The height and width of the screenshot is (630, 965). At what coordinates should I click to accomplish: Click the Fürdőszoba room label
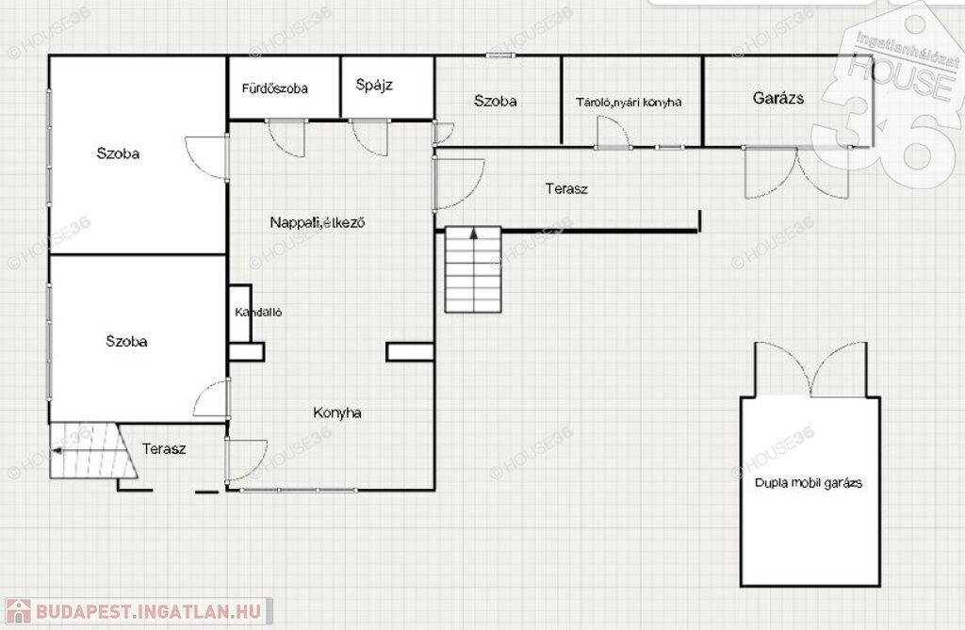tap(274, 89)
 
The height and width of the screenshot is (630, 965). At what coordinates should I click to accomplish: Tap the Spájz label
tap(374, 85)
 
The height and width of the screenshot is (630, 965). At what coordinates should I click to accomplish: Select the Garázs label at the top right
tap(777, 98)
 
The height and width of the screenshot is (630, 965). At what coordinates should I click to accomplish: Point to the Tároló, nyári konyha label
tap(629, 102)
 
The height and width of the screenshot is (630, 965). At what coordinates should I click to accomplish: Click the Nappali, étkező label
tap(317, 222)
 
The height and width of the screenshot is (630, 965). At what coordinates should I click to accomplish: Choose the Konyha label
tap(336, 412)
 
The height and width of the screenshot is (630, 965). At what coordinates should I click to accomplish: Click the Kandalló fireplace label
tap(258, 313)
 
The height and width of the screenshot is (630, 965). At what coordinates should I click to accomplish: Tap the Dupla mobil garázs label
tap(808, 483)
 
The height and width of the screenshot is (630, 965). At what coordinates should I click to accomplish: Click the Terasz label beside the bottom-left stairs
tap(164, 449)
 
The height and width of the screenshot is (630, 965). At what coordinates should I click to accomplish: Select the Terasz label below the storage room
tap(566, 189)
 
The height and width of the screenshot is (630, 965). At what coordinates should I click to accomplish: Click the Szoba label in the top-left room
tap(118, 153)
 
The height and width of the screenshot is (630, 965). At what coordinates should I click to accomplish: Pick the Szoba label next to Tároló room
tap(495, 101)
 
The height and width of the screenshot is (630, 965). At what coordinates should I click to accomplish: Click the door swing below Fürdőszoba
tap(286, 138)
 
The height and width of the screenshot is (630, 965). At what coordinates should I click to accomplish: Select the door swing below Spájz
tap(369, 137)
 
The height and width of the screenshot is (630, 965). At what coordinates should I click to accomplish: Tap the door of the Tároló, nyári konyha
tap(613, 132)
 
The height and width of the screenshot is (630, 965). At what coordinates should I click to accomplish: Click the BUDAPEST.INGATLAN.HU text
tap(148, 611)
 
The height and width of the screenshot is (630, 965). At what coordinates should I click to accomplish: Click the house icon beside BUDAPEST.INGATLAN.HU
tap(18, 611)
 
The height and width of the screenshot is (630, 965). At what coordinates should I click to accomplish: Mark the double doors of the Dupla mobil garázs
tap(810, 369)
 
